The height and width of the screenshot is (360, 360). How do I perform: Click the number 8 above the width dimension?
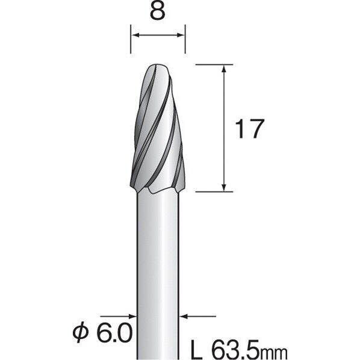(158, 11)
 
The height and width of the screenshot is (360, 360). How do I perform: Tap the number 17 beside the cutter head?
(250, 129)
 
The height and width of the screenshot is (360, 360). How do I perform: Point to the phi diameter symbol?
(81, 332)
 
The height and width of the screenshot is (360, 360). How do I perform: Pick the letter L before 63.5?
(196, 350)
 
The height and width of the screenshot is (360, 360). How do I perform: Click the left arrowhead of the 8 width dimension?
(135, 35)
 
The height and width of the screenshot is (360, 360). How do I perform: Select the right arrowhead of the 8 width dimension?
(181, 35)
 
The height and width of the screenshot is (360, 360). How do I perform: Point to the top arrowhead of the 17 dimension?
(225, 69)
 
